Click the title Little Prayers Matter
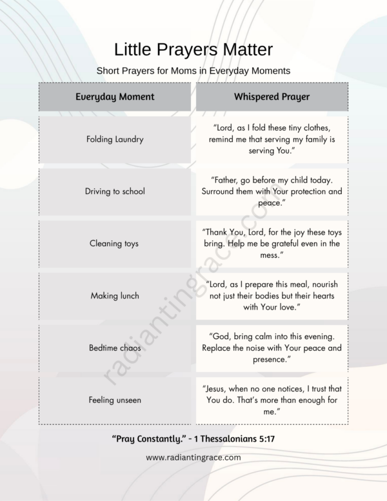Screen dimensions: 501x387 tap(193, 50)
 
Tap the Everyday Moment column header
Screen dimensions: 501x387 tap(115, 97)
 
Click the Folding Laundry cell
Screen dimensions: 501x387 tap(115, 139)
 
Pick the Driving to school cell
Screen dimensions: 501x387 tap(115, 192)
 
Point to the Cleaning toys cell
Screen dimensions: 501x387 tap(115, 244)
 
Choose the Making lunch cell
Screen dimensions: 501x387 tap(115, 296)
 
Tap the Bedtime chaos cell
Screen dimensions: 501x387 tap(115, 348)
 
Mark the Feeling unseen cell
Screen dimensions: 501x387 tap(115, 400)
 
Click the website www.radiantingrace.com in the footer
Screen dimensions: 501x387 tap(193, 457)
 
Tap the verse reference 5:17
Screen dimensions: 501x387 tap(262, 439)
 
